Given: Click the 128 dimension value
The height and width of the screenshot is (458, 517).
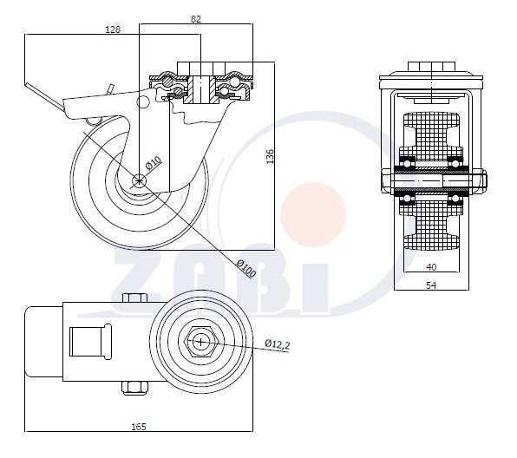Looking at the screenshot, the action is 113,29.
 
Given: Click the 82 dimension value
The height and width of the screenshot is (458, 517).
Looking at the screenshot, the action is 196,19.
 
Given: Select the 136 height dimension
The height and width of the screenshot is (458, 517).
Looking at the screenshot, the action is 270,156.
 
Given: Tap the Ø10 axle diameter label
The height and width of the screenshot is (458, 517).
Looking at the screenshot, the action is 154,163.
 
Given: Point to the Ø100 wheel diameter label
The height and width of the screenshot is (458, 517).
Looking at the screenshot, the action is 246,268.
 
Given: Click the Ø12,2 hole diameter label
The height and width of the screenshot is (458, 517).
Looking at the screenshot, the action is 278,343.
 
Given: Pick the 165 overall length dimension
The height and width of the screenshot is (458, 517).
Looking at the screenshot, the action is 139,427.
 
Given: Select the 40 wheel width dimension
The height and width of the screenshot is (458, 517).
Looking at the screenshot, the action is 431,267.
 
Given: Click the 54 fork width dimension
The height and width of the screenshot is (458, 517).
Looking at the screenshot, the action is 431,285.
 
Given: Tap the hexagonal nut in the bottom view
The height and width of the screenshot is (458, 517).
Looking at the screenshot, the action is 200,342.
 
